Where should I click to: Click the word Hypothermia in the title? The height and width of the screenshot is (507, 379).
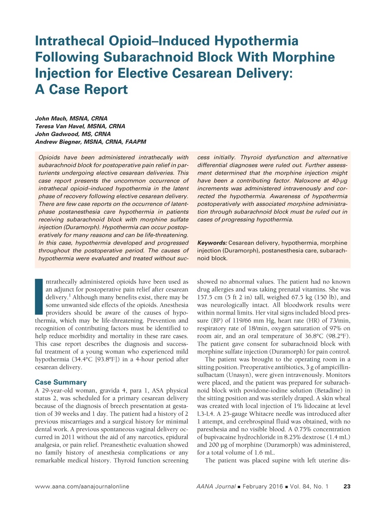tap(256, 41)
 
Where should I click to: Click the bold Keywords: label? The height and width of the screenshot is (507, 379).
tap(212, 243)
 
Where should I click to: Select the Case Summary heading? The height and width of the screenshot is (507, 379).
tap(61, 382)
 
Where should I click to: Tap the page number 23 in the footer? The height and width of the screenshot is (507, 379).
tap(347, 486)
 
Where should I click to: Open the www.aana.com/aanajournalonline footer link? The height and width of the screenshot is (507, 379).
tap(82, 486)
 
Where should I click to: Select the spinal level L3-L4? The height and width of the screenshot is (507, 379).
tap(205, 414)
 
